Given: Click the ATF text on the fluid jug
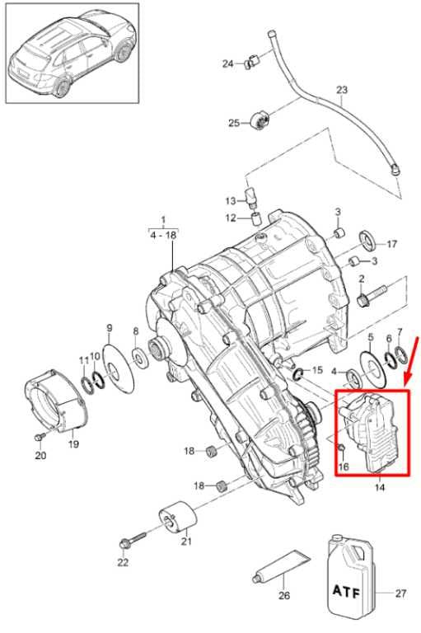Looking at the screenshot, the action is click(346, 592).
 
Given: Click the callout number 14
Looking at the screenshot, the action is click(380, 487).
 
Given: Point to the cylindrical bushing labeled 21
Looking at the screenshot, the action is click(178, 519).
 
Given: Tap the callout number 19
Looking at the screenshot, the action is click(73, 444).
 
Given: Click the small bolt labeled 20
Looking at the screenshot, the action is click(40, 437).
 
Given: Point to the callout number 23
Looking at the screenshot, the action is click(341, 90).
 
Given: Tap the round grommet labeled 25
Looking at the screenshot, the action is click(259, 120).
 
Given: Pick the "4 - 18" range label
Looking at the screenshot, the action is click(163, 235).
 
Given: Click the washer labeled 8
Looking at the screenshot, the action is click(140, 357).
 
